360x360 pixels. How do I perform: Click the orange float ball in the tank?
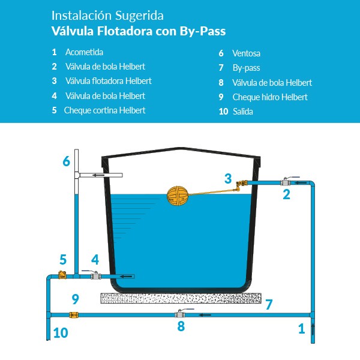click(178, 196)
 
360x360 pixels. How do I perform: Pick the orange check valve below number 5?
click(62, 275)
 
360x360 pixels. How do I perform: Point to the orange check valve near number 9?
click(74, 315)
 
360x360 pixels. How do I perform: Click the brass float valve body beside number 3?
click(242, 185)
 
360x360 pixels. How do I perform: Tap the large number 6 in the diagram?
click(67, 161)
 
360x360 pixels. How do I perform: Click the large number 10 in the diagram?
click(61, 332)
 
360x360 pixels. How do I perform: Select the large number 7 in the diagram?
click(269, 304)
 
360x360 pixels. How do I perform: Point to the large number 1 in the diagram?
click(302, 329)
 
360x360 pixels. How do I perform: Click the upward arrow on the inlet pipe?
click(313, 329)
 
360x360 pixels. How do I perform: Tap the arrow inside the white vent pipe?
click(98, 175)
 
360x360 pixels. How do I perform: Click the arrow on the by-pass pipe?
click(205, 315)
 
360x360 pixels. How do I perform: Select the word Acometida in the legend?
click(84, 52)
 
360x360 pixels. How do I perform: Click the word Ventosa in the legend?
click(247, 53)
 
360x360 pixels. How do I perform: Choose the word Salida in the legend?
click(243, 112)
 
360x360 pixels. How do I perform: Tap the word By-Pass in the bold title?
click(203, 31)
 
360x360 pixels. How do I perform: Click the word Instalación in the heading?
click(82, 16)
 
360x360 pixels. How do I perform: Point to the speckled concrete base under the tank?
click(181, 298)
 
